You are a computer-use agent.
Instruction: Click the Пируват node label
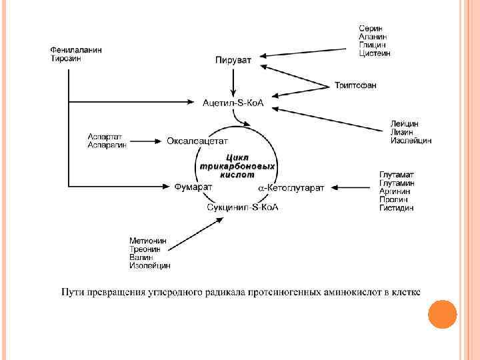click(x=233, y=61)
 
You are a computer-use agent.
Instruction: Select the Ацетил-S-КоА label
click(x=233, y=102)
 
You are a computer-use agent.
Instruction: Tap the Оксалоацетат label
click(x=197, y=141)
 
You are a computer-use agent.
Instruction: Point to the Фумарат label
click(x=193, y=187)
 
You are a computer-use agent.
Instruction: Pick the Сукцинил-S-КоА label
click(x=242, y=207)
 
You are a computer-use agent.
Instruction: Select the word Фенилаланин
click(x=77, y=50)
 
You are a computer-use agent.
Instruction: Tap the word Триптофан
click(x=355, y=85)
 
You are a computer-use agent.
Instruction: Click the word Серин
click(x=371, y=28)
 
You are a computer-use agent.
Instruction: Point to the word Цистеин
click(x=375, y=53)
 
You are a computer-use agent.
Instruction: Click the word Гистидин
click(x=397, y=208)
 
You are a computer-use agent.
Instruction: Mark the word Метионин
click(x=149, y=241)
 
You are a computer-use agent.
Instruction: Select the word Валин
click(x=141, y=257)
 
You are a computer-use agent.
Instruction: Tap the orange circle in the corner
click(x=441, y=315)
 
